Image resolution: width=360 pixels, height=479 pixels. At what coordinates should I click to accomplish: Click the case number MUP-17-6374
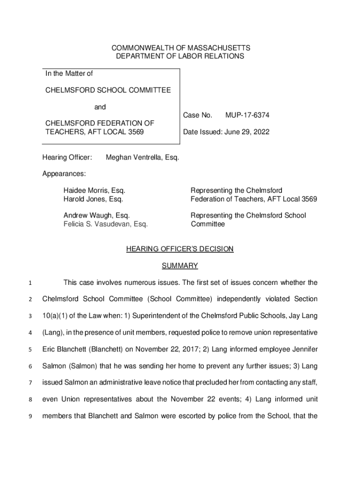[x=247, y=115]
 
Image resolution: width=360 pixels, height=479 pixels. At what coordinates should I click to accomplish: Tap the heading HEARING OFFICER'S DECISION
[x=180, y=249]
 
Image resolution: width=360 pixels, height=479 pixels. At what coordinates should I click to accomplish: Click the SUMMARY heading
[x=180, y=266]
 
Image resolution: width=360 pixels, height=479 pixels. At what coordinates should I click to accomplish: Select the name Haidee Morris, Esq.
[x=94, y=191]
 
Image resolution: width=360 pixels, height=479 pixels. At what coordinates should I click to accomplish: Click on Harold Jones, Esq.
[x=93, y=199]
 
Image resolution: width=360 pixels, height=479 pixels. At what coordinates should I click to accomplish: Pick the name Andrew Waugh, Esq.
[x=96, y=216]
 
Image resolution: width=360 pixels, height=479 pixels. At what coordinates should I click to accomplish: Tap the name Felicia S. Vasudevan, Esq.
[x=106, y=224]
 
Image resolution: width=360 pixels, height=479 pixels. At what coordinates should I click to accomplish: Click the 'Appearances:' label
[x=64, y=174]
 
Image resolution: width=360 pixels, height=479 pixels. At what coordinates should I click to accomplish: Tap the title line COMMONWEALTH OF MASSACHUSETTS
[x=180, y=48]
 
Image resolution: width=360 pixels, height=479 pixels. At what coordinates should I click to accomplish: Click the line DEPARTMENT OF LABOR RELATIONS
[x=180, y=56]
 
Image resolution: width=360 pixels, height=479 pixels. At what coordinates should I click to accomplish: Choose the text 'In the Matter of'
[x=69, y=73]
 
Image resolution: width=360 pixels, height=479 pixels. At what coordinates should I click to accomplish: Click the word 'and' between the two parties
[x=100, y=107]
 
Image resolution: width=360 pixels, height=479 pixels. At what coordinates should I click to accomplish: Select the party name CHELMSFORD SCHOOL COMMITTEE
[x=108, y=90]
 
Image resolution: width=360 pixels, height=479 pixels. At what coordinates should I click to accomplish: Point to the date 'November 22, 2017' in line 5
[x=183, y=349]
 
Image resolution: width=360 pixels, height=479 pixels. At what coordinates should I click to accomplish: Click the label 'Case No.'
[x=198, y=115]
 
